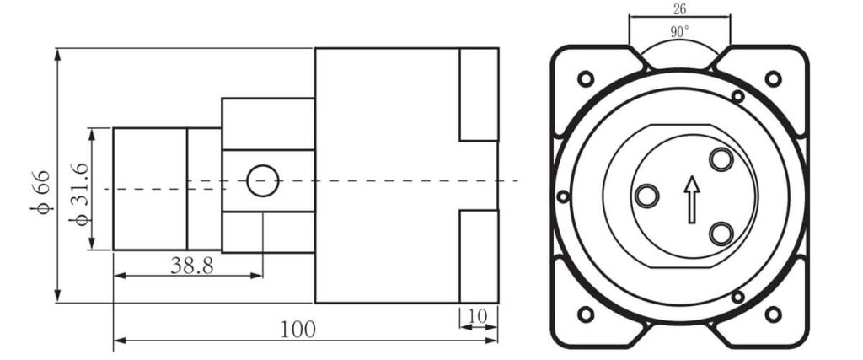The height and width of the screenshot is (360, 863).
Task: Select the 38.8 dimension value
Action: point(191,266)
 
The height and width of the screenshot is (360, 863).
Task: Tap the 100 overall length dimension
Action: point(297,329)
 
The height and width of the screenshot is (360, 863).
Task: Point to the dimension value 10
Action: point(477,316)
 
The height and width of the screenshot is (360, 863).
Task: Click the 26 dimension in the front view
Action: point(679,9)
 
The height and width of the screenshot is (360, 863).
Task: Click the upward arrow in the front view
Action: point(692,199)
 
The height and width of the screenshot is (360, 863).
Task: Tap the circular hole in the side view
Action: point(262,180)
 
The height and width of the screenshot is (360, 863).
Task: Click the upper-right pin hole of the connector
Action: point(721,159)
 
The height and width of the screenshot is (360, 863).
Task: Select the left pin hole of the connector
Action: point(646,196)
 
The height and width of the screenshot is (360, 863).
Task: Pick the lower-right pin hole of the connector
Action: point(721,232)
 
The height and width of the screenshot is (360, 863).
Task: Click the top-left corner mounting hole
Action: point(585,79)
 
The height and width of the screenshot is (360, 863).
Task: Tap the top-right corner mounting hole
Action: point(773,79)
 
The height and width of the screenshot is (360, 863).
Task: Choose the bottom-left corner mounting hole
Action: point(585,314)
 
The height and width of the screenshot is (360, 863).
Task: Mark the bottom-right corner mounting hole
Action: point(773,314)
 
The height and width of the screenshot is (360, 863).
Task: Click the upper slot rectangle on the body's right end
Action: point(479,94)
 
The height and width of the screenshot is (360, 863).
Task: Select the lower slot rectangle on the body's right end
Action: point(479,255)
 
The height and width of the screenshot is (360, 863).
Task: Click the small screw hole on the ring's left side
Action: point(564,196)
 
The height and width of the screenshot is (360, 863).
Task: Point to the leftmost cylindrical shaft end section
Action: point(149,189)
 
